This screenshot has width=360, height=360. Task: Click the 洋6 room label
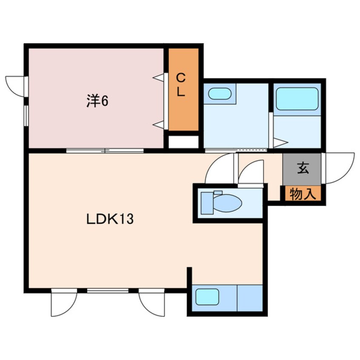(97, 101)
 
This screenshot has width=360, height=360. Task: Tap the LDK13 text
(110, 219)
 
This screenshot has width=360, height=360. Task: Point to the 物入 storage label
(303, 194)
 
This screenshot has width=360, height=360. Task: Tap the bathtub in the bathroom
(297, 99)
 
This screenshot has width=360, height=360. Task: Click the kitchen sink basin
(207, 296)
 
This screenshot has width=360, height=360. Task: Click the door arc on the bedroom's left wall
(16, 86)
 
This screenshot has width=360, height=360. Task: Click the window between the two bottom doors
(108, 290)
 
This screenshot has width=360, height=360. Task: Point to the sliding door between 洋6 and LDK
(105, 150)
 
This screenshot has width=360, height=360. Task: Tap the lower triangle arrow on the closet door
(160, 124)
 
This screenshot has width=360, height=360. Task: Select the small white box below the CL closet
(183, 142)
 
